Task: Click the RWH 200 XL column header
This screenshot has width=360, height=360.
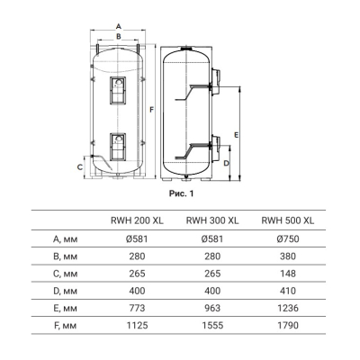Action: click(137, 220)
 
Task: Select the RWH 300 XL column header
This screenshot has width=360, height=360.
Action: click(212, 220)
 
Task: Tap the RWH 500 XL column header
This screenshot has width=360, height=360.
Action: click(288, 220)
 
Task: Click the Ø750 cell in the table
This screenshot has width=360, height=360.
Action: click(288, 238)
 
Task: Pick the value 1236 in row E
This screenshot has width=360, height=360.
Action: click(288, 308)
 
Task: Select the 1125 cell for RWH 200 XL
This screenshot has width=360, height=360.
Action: click(137, 326)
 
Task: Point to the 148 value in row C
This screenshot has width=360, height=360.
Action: click(288, 274)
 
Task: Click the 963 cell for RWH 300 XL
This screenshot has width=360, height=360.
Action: click(212, 308)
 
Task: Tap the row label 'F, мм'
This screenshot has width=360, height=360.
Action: click(66, 326)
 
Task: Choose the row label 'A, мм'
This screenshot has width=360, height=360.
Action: click(66, 239)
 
